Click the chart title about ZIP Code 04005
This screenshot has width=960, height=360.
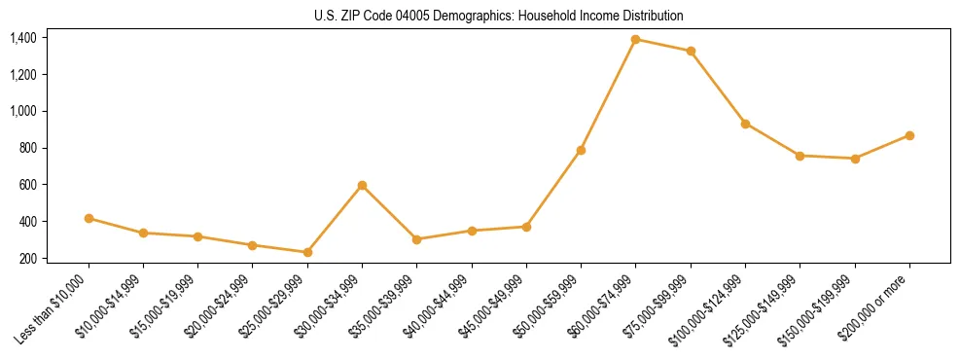(499, 17)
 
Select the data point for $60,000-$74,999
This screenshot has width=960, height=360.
(636, 40)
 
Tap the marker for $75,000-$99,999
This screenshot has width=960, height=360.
(691, 51)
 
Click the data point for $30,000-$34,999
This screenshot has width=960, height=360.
(362, 185)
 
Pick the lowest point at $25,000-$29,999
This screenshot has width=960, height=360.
(307, 252)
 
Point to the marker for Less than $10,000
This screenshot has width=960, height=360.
(89, 218)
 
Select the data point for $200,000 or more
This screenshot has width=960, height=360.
(909, 135)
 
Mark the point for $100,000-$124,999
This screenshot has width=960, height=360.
(745, 124)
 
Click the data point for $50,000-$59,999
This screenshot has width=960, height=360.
(581, 150)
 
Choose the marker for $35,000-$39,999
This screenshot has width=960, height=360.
(416, 239)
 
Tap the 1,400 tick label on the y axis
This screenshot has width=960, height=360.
(23, 38)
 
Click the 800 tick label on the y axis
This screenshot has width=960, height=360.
(29, 148)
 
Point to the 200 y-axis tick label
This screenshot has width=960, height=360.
(29, 259)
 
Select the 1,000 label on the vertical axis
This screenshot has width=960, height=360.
(23, 111)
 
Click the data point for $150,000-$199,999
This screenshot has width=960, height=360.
(855, 158)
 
